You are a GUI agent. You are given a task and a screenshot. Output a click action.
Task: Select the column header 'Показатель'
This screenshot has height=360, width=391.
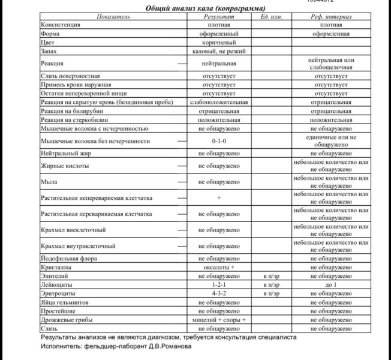point(113,17)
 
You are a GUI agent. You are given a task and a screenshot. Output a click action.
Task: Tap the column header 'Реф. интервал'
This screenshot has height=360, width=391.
point(331,17)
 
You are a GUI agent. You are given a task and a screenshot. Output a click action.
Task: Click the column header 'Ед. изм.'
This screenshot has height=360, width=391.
point(271,17)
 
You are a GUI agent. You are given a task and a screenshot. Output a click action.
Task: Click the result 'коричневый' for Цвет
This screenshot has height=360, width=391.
point(219,43)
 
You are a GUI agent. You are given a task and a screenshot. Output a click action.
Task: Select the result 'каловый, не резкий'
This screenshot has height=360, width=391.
point(219,52)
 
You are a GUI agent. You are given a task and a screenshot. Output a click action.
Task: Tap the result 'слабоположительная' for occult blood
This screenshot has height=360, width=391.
point(219,103)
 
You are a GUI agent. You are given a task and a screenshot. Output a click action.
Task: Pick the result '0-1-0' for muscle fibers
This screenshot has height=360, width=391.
point(219,141)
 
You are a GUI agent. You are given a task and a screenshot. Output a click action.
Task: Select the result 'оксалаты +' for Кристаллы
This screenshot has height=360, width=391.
point(219,267)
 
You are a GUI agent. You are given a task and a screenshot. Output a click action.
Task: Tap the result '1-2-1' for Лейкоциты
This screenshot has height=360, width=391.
point(219,284)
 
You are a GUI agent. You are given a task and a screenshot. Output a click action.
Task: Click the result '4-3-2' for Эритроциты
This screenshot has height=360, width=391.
point(219,293)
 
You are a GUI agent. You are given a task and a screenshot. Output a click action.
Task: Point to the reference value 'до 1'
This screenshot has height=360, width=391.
point(331,284)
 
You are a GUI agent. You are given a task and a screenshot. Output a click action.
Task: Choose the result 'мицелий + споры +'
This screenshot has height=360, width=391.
point(219,320)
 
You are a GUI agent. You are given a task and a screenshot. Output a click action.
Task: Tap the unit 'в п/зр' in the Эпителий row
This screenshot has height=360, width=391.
point(271,276)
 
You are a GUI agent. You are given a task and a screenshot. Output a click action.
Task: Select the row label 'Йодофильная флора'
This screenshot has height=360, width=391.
point(68,259)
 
